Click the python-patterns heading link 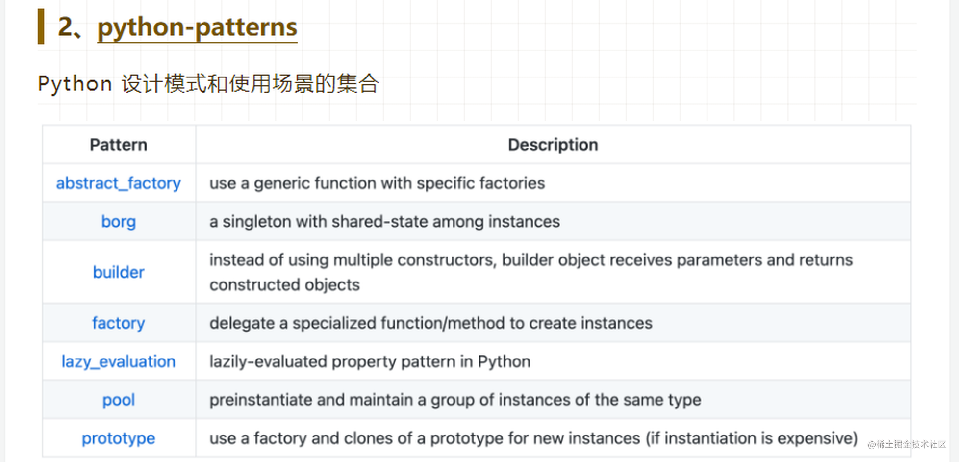coord(197,27)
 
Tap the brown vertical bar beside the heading coord(41,26)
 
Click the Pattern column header coord(118,145)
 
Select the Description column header coord(553,145)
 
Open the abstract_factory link coord(118,183)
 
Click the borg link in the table coord(118,222)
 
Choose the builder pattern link coord(118,272)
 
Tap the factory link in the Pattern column coord(118,323)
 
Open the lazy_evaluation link coord(118,361)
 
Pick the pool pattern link coord(118,400)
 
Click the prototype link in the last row coord(118,438)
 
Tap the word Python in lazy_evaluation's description coord(504,361)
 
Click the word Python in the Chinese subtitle coord(75,84)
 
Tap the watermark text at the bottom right coord(907,444)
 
